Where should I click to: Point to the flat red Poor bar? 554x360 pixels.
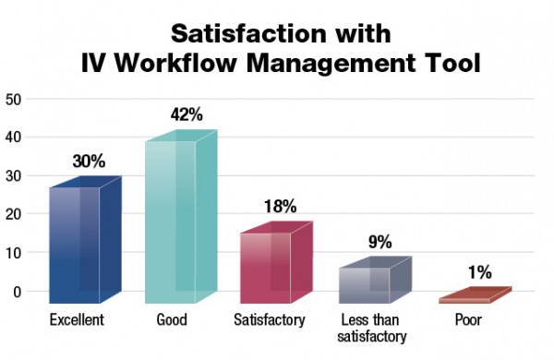pos(471,296)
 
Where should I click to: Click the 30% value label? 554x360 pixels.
pos(90,162)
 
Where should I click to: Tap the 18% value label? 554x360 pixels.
pos(283,207)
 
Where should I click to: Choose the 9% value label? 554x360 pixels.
pos(379,243)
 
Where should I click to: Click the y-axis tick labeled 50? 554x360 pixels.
pos(13,99)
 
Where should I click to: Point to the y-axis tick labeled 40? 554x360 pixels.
pos(13,138)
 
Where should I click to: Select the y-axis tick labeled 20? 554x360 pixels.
pos(13,214)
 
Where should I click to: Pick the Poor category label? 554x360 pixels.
pos(466,320)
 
